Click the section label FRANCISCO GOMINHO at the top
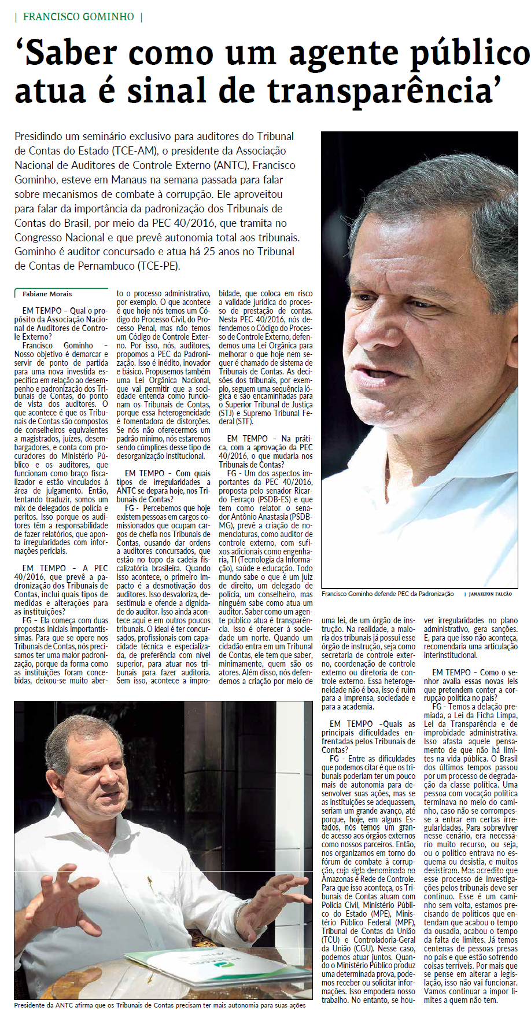click(78, 17)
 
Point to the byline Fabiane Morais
click(47, 294)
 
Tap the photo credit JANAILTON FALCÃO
click(490, 594)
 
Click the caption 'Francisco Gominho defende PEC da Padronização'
click(388, 594)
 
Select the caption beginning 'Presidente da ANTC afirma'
click(160, 1005)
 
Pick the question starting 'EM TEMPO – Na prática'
click(265, 451)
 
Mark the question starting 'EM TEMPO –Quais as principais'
click(368, 737)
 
